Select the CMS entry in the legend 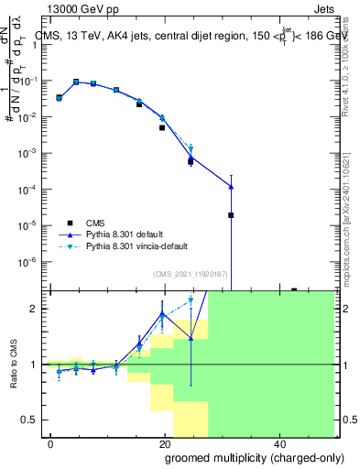coord(96,223)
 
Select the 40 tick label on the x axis coord(278,443)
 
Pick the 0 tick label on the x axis coord(51,443)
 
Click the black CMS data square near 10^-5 coord(231,215)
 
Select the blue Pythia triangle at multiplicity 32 coord(231,187)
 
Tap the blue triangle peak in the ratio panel coord(162,314)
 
